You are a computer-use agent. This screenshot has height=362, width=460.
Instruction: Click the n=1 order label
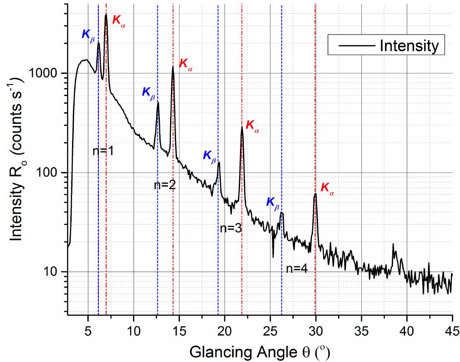(103, 151)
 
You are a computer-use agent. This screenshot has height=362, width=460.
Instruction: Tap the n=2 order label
(165, 185)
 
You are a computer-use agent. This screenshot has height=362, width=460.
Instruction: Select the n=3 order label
(231, 228)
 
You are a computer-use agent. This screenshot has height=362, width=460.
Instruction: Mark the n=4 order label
(297, 269)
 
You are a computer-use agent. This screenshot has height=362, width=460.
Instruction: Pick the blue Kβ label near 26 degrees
(273, 203)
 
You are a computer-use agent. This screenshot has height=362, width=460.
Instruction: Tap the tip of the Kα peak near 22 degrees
(242, 127)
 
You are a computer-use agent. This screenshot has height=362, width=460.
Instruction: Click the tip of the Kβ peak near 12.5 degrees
(158, 103)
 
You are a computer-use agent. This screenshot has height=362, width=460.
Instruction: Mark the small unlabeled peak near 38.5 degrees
(393, 245)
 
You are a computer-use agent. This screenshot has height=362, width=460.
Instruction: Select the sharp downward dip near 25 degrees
(273, 257)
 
